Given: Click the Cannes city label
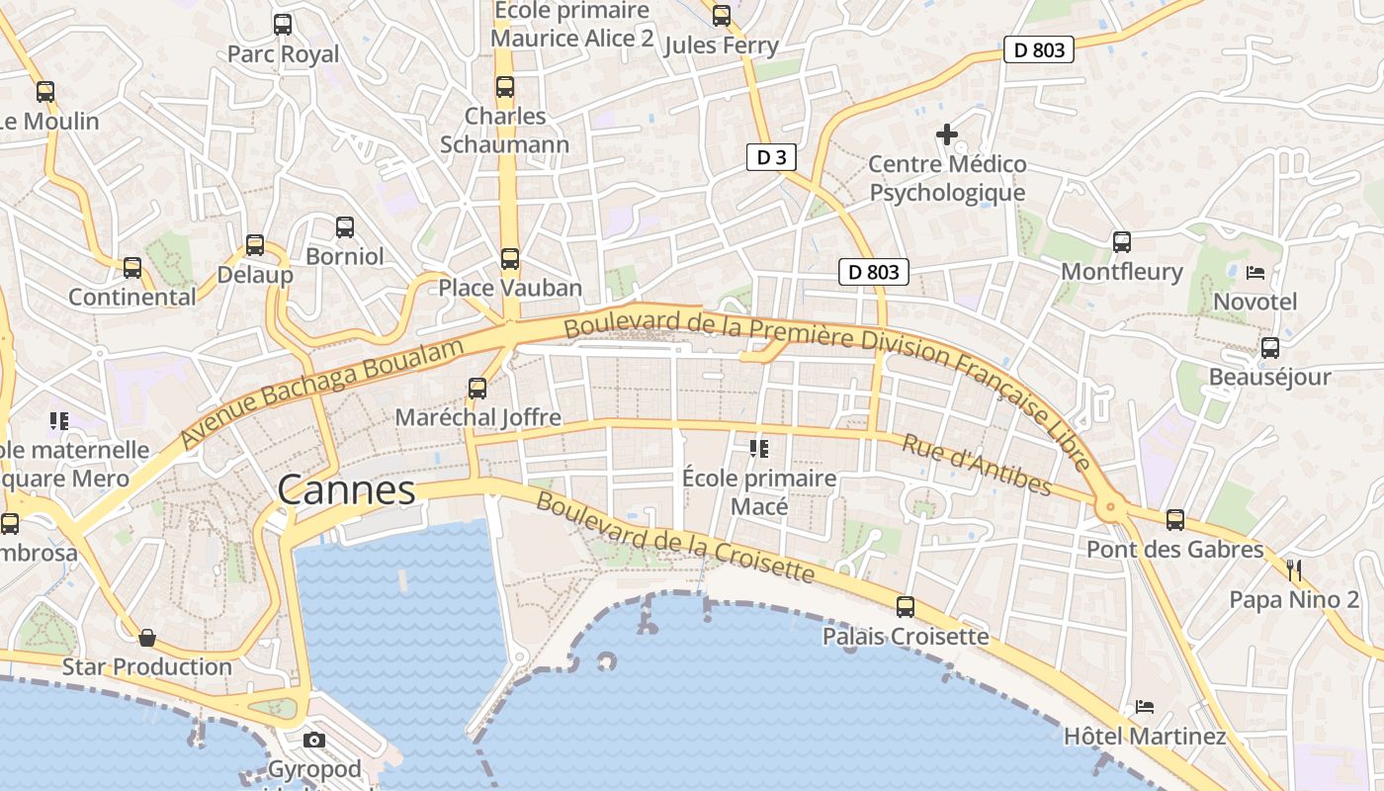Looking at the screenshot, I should pos(346,490).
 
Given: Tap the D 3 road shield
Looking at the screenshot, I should pos(771,156).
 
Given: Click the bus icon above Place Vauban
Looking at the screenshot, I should pos(509,259).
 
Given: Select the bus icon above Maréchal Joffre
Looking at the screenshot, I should pos(477,389).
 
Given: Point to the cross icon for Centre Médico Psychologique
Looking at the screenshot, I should pos(947,133).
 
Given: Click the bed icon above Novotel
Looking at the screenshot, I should pos(1255,272).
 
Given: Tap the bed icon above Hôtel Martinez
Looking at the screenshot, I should pos(1145,707).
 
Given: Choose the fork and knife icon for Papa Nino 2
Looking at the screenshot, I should pos(1294,570).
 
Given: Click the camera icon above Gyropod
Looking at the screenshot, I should pos(314,740).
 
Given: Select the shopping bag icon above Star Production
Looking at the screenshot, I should pos(147,638).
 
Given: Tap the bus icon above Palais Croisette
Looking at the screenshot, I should pos(906,607).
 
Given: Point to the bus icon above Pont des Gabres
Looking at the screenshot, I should pos(1175,519).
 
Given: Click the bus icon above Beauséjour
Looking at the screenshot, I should pos(1270,348).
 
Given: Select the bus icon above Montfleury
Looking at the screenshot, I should pos(1121,242).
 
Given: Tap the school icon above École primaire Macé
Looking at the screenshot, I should pos(759,450).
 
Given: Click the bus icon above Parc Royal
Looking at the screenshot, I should pos(283,25).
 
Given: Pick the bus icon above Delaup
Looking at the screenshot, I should pos(255,245).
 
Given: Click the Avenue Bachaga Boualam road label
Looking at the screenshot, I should pos(322,394).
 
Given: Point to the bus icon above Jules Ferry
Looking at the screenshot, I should pos(722,16).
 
